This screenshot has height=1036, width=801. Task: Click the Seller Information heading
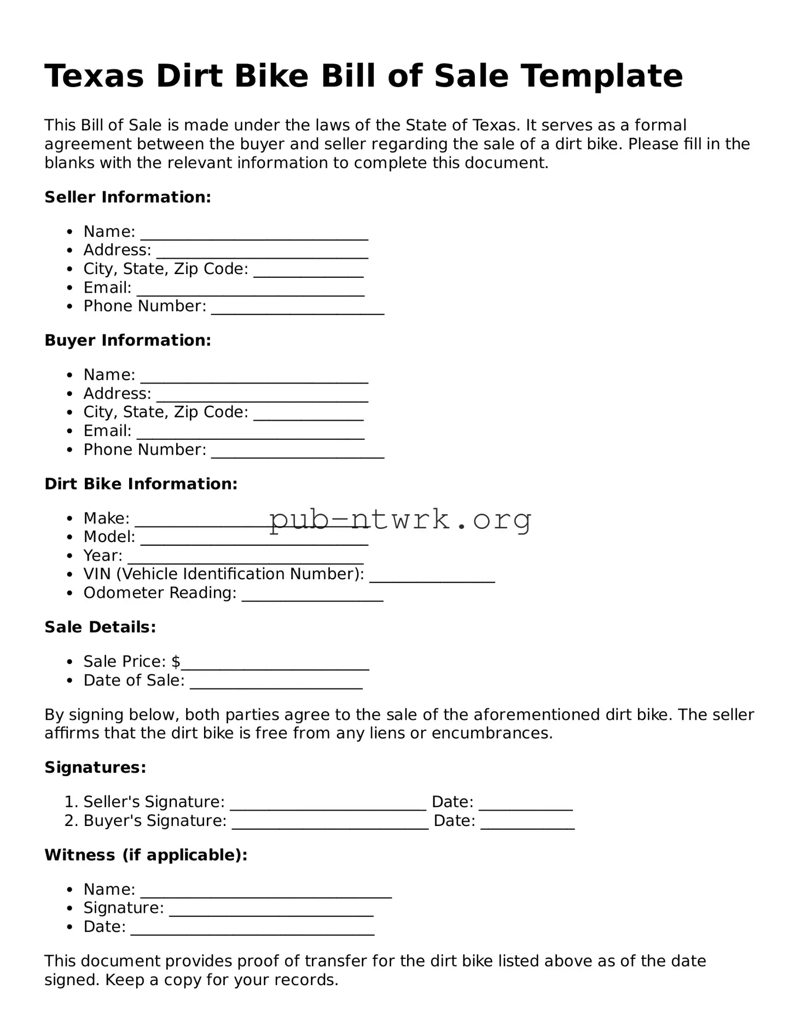(x=127, y=197)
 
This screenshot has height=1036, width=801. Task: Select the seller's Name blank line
(x=254, y=236)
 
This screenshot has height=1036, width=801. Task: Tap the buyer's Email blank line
(x=250, y=436)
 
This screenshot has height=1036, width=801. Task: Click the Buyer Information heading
(x=127, y=340)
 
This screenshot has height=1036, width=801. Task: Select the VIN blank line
(x=432, y=579)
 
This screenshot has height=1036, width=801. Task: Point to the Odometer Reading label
(x=160, y=593)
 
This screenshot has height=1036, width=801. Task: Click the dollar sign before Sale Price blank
(x=176, y=662)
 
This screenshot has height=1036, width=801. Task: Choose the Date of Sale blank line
(x=276, y=685)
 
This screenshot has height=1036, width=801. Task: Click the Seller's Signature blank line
(x=328, y=807)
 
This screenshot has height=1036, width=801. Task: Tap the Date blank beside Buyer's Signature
(x=527, y=826)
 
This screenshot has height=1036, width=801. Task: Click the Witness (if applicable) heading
(x=146, y=855)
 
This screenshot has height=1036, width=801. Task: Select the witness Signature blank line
(x=271, y=913)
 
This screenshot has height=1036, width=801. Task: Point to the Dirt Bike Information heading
(x=141, y=484)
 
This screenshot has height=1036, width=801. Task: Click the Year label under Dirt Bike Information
(x=102, y=556)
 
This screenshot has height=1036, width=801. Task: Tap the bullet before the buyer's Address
(x=69, y=394)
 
